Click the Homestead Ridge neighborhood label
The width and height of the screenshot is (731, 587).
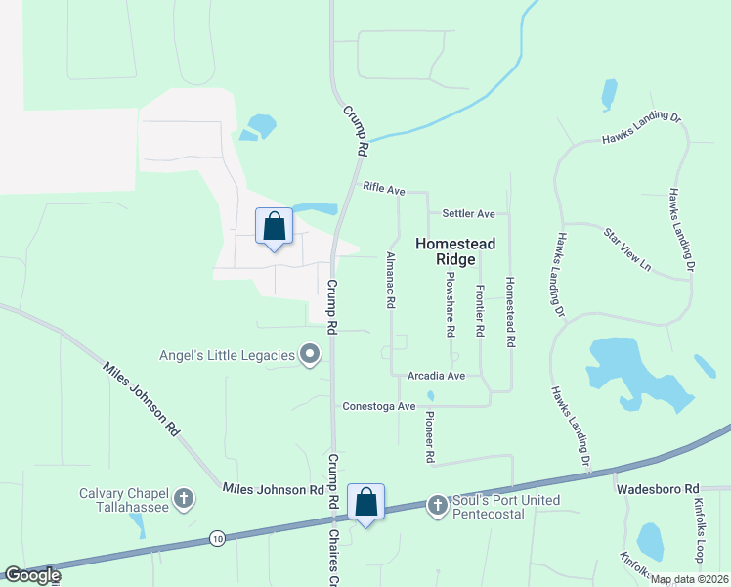pyautogui.click(x=456, y=251)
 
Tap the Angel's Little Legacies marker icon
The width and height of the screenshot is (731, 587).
pyautogui.click(x=310, y=354)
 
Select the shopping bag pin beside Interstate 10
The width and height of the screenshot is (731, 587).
pyautogui.click(x=365, y=504)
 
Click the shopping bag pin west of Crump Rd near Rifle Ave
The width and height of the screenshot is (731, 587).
pyautogui.click(x=275, y=227)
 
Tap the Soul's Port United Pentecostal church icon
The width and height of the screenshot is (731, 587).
pyautogui.click(x=437, y=506)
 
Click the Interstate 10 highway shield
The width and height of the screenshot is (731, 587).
pyautogui.click(x=216, y=537)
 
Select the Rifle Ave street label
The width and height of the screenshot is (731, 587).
pyautogui.click(x=383, y=187)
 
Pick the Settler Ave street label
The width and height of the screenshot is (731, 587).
pyautogui.click(x=468, y=213)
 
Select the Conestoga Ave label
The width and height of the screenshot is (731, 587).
pyautogui.click(x=379, y=406)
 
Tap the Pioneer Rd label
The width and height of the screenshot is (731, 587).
pyautogui.click(x=429, y=436)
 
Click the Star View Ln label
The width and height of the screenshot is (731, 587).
pyautogui.click(x=626, y=248)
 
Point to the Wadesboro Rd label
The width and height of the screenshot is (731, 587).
pyautogui.click(x=657, y=488)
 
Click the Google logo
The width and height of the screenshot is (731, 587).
pyautogui.click(x=32, y=575)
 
